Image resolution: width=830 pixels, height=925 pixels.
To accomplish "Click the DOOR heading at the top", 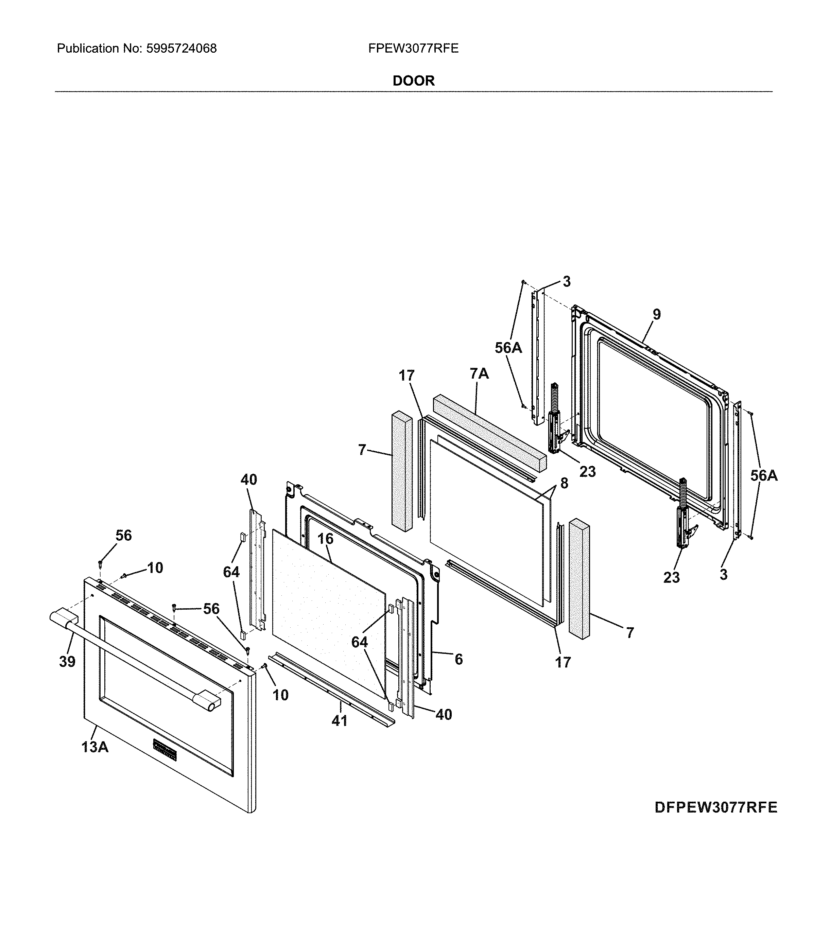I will (414, 81).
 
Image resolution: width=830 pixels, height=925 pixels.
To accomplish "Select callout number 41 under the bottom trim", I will (339, 721).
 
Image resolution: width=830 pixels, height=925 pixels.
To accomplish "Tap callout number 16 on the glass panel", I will (326, 539).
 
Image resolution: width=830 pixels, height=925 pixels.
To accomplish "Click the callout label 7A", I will (479, 374).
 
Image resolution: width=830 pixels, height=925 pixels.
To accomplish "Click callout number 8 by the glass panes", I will (564, 483).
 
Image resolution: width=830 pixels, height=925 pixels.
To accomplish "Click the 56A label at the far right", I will (764, 476).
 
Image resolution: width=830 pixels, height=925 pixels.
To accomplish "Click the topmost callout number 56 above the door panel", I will (124, 535).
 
